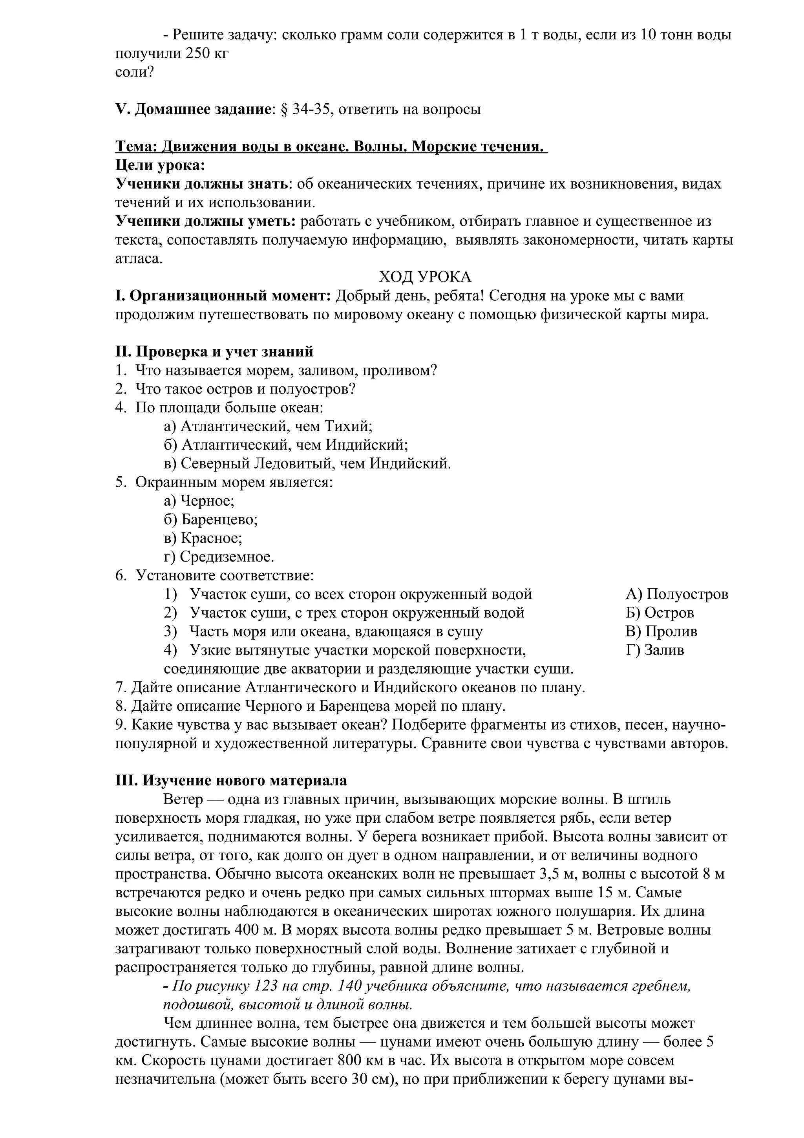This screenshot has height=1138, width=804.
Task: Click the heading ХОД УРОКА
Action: click(425, 276)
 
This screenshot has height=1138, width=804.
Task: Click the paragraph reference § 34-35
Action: click(304, 109)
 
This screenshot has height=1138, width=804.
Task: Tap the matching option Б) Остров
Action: click(660, 613)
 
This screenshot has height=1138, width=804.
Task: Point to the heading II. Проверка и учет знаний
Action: click(214, 351)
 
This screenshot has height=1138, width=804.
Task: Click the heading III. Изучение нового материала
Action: click(231, 781)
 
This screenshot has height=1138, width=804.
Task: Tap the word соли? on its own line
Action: click(134, 72)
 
